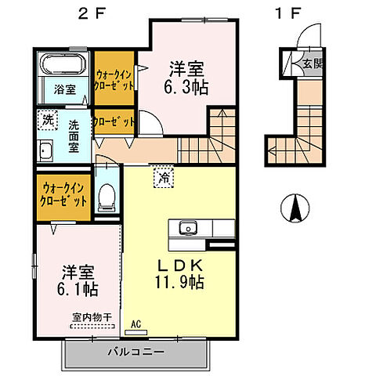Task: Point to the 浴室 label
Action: point(65,89)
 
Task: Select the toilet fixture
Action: point(107,193)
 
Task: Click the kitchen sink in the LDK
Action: point(188,228)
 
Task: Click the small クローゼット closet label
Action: point(114,123)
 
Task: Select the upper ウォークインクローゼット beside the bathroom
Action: point(114,78)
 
